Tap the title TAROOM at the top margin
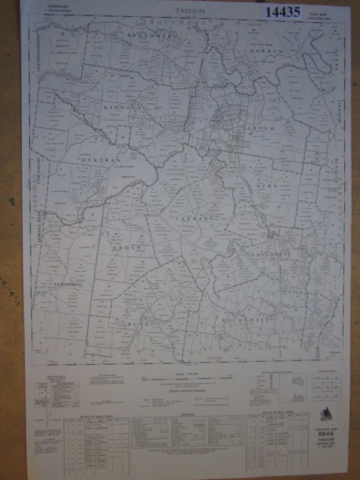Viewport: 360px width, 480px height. [x=190, y=11]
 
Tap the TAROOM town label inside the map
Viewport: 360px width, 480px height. [x=258, y=129]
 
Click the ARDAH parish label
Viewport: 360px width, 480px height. [x=127, y=247]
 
